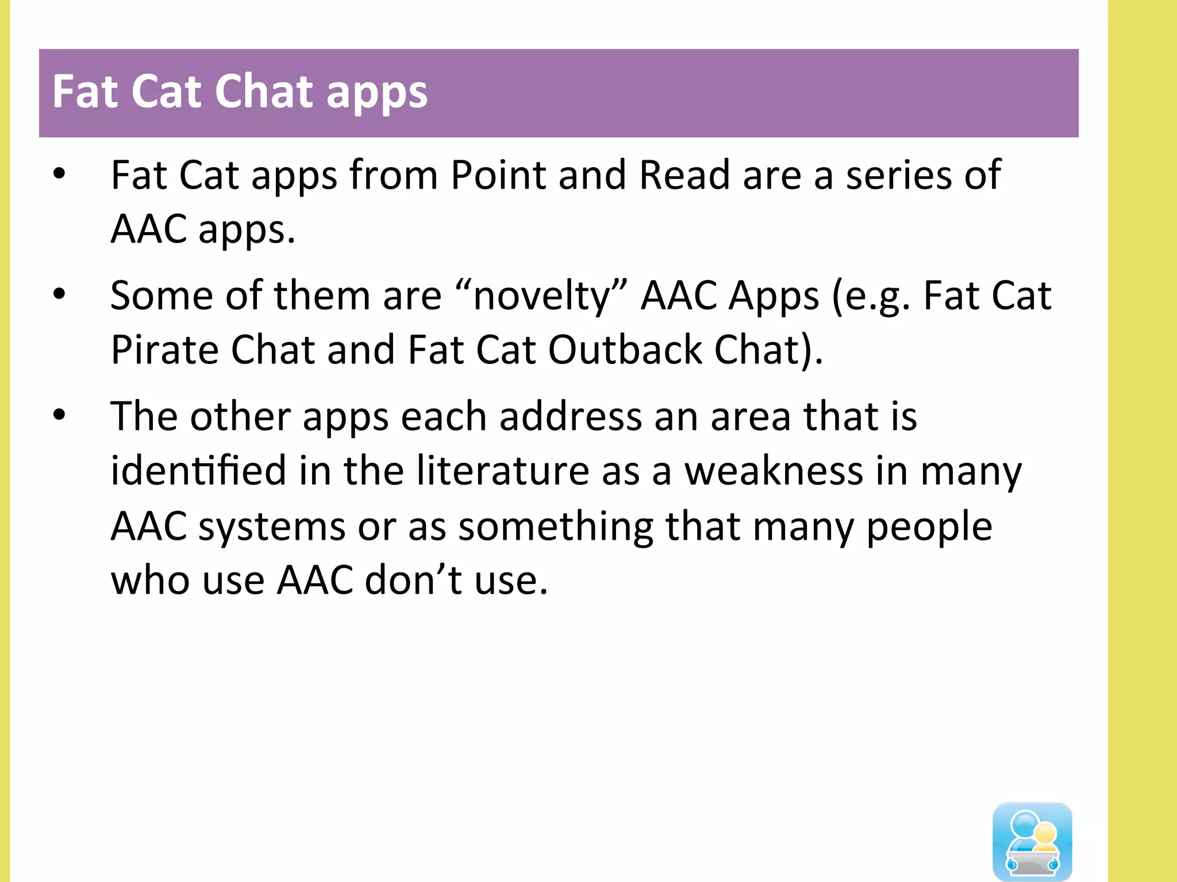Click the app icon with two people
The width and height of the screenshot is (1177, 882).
coord(1032,841)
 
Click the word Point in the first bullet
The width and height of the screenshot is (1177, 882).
coord(498,175)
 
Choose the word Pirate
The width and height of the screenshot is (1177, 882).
coord(164,350)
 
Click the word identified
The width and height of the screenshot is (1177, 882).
coord(198,470)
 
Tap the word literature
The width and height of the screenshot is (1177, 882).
coord(503,470)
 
